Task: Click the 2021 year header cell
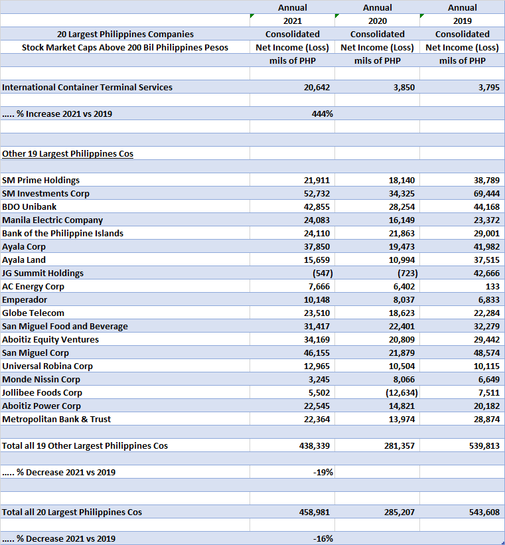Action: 292,21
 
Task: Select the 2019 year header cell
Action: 462,21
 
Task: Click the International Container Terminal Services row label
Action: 87,87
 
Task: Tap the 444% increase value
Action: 322,114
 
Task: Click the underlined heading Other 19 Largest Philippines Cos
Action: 68,153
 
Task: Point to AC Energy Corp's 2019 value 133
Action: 491,286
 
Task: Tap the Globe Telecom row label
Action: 33,313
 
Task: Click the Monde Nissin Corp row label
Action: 41,379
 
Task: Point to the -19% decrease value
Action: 323,472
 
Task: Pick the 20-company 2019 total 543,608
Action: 484,512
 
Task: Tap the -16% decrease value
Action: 323,538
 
